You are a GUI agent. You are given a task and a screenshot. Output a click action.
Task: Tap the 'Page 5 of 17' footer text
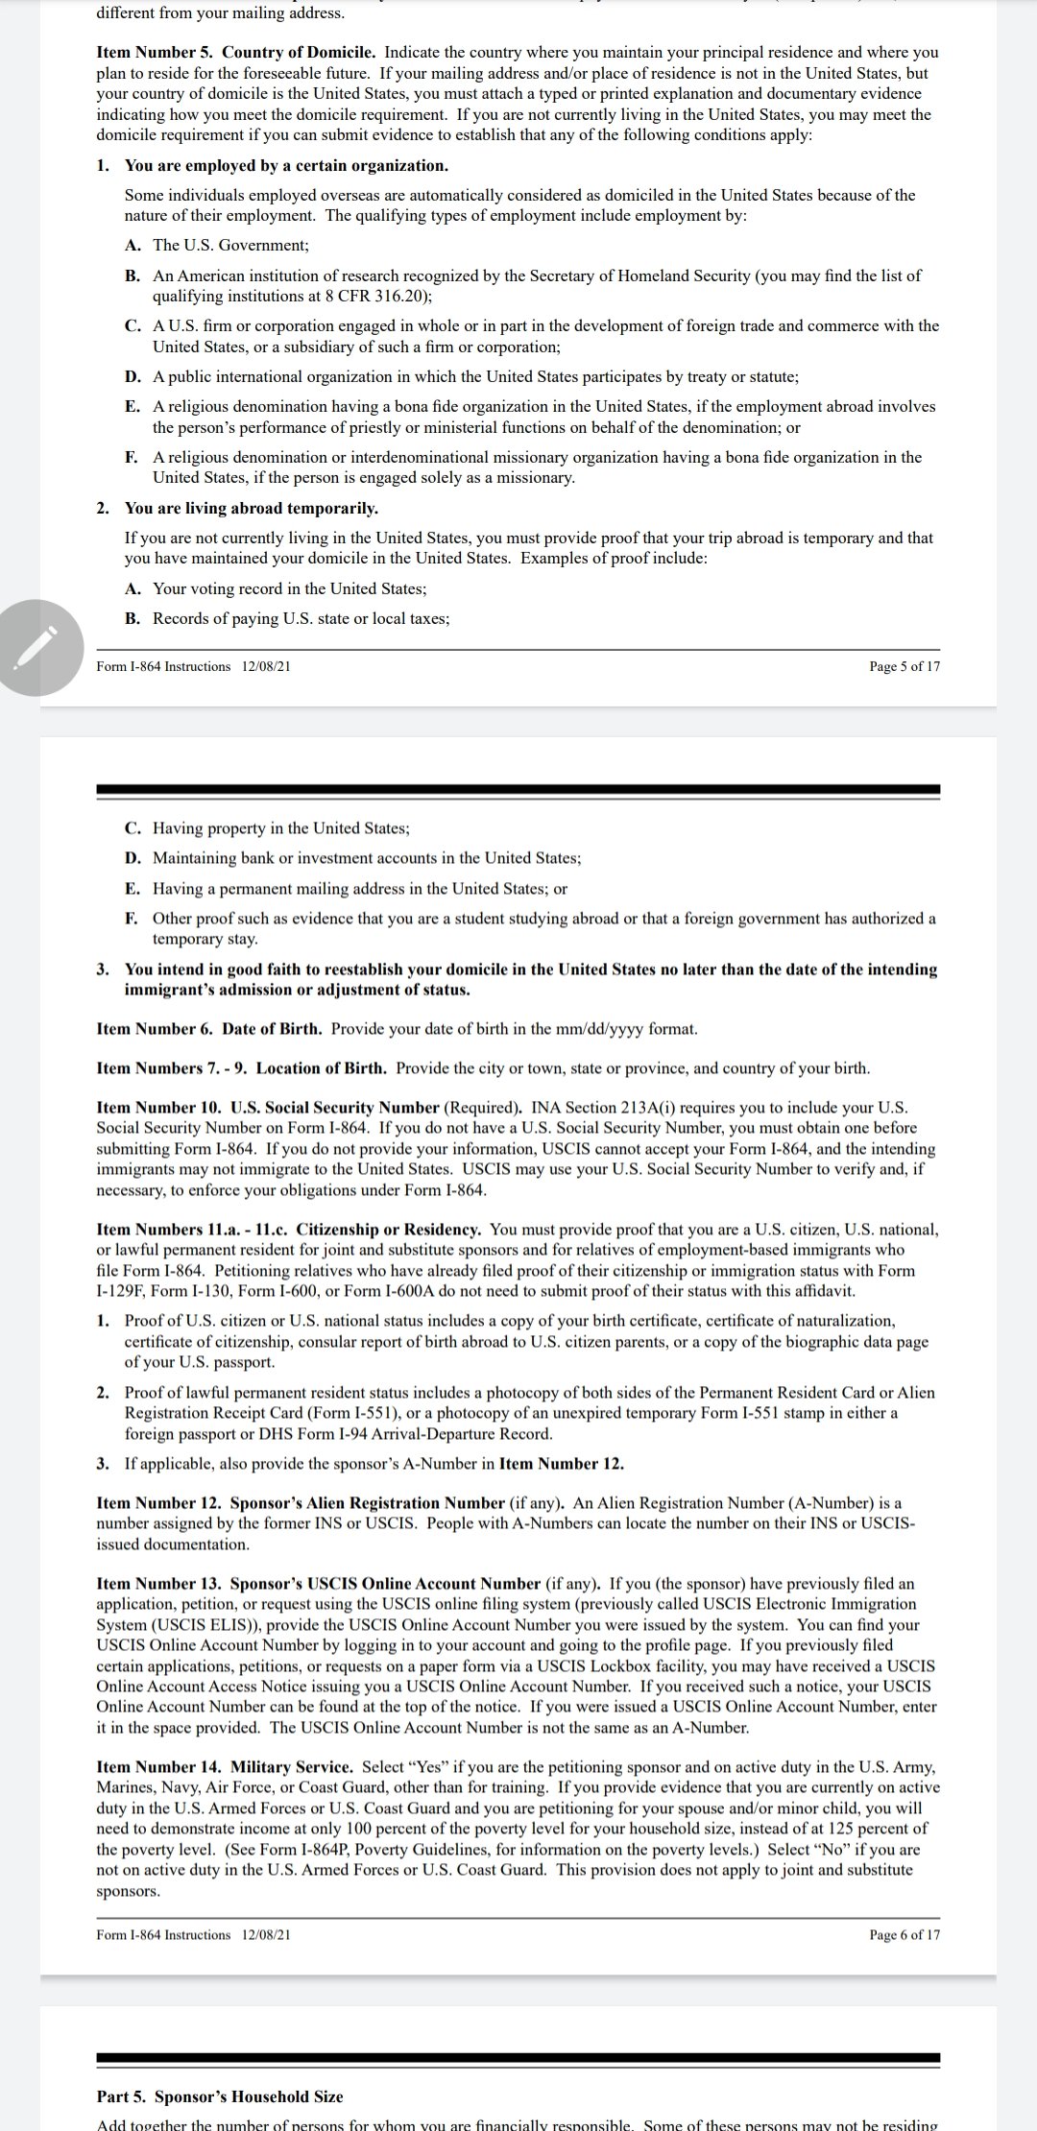904,666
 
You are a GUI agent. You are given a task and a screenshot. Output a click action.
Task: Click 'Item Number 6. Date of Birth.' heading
209,1029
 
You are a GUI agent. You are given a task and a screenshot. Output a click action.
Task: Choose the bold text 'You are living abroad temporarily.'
252,508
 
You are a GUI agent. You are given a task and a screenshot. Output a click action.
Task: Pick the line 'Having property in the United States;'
280,827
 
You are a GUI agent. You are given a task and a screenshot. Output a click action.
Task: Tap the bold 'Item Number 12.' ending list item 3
561,1464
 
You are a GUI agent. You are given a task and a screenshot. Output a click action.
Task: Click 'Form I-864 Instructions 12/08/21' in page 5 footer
193,666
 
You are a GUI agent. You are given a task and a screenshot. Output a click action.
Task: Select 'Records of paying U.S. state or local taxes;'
301,618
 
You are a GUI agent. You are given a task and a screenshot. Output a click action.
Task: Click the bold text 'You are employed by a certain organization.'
286,165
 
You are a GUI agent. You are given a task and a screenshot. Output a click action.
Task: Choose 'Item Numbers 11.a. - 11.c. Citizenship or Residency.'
289,1230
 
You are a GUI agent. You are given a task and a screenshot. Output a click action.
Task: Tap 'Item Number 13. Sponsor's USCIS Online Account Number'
319,1583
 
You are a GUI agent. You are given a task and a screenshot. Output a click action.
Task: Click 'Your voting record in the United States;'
289,588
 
